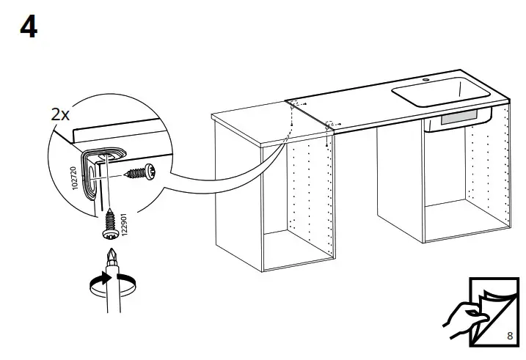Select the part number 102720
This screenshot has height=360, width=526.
coord(77,177)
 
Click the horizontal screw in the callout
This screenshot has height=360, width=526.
coord(142,173)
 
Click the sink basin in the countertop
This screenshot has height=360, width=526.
coord(433,95)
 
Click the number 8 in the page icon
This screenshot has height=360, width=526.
coord(509,336)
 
